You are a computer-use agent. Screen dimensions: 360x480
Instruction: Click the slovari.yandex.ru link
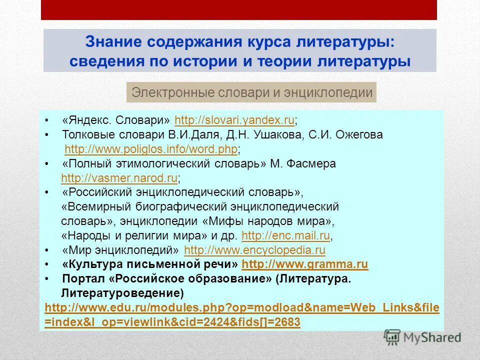click(234, 120)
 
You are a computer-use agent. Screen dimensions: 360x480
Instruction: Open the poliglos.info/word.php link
click(151, 149)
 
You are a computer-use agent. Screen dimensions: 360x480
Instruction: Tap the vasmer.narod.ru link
click(119, 178)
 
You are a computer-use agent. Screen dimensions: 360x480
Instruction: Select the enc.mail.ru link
click(285, 235)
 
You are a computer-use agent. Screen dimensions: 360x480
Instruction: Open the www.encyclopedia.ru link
click(254, 250)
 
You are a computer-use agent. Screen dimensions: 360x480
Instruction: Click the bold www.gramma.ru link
click(304, 264)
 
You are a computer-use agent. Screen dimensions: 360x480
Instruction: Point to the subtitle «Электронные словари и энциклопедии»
click(251, 92)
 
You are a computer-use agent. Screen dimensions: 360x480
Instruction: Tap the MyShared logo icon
click(392, 337)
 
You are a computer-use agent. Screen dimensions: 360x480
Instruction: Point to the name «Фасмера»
click(310, 164)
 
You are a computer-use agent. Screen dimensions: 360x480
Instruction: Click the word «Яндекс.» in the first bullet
click(85, 120)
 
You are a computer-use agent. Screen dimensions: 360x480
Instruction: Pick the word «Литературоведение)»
click(122, 292)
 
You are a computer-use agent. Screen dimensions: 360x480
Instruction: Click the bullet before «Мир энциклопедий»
click(46, 250)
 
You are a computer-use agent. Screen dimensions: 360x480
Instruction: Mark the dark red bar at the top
click(239, 10)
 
